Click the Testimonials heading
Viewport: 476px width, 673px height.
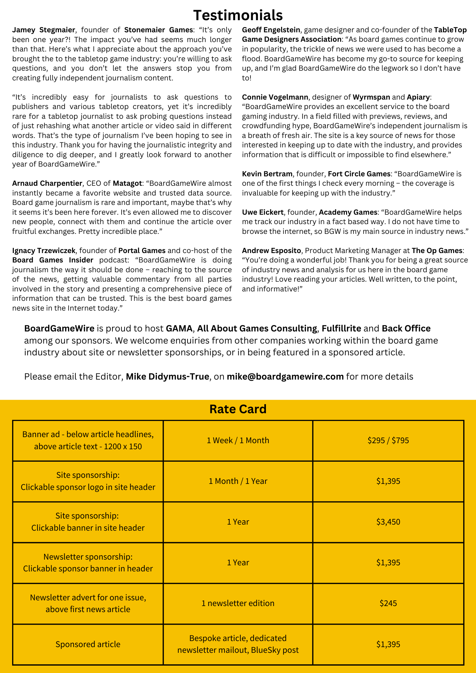[238, 15]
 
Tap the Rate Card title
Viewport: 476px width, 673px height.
[238, 409]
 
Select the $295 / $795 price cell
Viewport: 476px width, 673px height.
[388, 440]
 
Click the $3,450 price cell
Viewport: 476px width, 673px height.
[388, 522]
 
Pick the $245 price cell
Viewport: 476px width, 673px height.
[388, 603]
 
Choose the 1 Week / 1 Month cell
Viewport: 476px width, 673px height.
[238, 440]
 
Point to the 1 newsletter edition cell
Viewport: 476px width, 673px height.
[238, 603]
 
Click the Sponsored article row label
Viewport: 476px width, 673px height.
[88, 644]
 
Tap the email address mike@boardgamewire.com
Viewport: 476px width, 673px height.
[285, 377]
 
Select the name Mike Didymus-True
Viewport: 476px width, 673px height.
[167, 377]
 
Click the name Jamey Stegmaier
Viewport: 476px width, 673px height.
[43, 30]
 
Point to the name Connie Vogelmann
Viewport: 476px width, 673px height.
[275, 97]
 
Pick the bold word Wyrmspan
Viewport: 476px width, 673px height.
[371, 97]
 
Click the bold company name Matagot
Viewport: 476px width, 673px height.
[127, 183]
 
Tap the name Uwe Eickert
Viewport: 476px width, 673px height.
[263, 212]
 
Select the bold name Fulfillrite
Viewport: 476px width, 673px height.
[341, 328]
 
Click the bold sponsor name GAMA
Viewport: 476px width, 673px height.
[179, 328]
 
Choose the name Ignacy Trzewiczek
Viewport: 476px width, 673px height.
[44, 251]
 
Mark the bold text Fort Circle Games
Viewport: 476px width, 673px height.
[359, 174]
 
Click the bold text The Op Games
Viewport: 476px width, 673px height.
[437, 251]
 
